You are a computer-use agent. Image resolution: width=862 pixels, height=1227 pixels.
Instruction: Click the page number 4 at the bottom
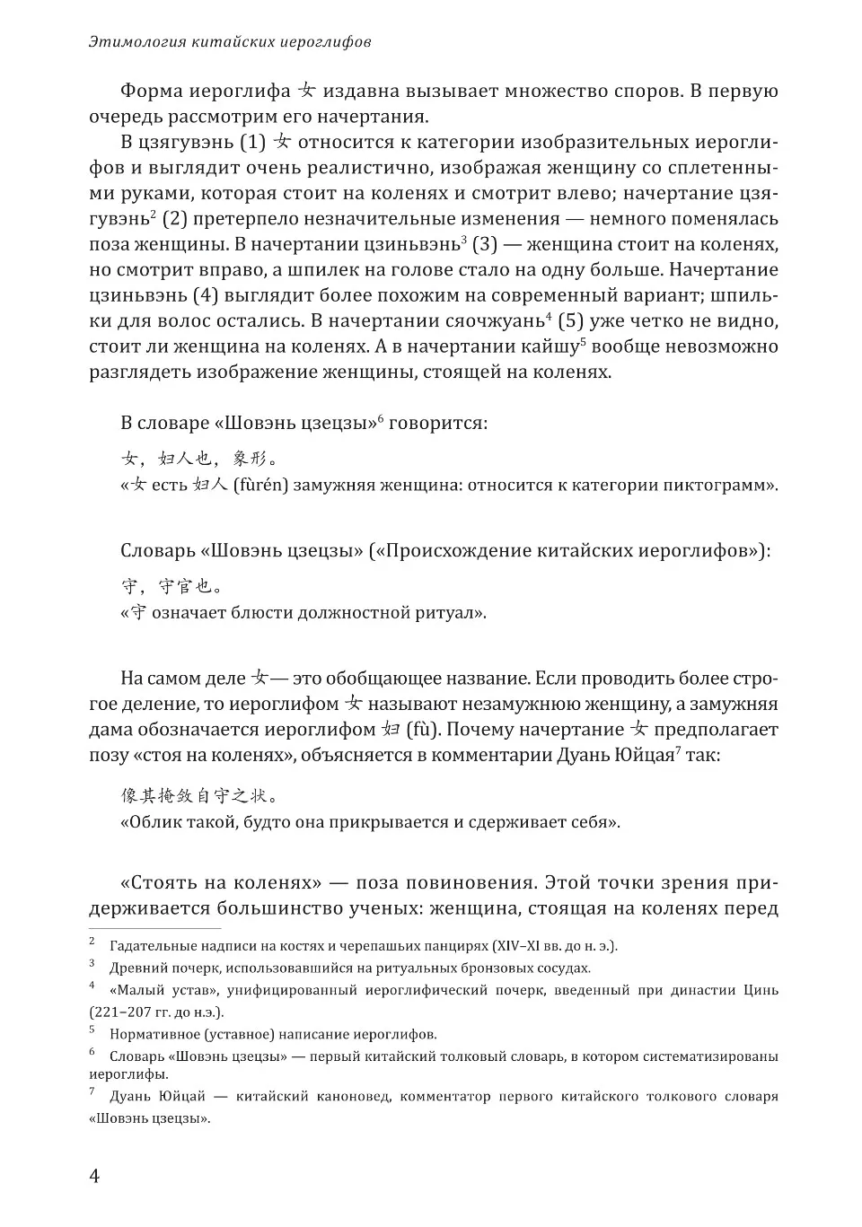click(x=94, y=1176)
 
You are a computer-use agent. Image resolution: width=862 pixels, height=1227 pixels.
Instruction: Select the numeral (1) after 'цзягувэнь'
click(x=253, y=142)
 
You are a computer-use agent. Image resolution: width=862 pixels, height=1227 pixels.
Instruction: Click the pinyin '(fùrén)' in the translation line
click(x=259, y=486)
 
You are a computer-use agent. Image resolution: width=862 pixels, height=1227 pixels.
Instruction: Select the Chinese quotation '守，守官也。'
click(x=172, y=587)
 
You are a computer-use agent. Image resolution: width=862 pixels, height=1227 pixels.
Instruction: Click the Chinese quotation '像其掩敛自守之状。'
click(x=198, y=795)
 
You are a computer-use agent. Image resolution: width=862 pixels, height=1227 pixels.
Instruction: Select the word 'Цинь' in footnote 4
click(x=760, y=990)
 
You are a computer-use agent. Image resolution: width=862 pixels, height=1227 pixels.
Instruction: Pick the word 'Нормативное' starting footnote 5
click(x=150, y=1034)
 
